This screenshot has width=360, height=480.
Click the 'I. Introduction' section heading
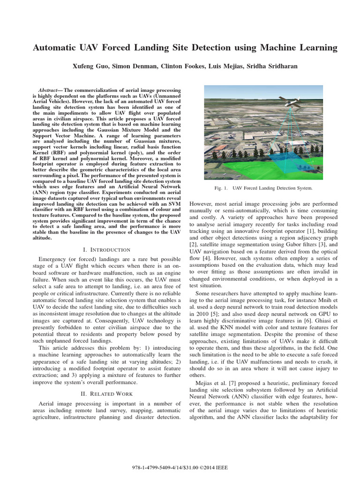(102, 249)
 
